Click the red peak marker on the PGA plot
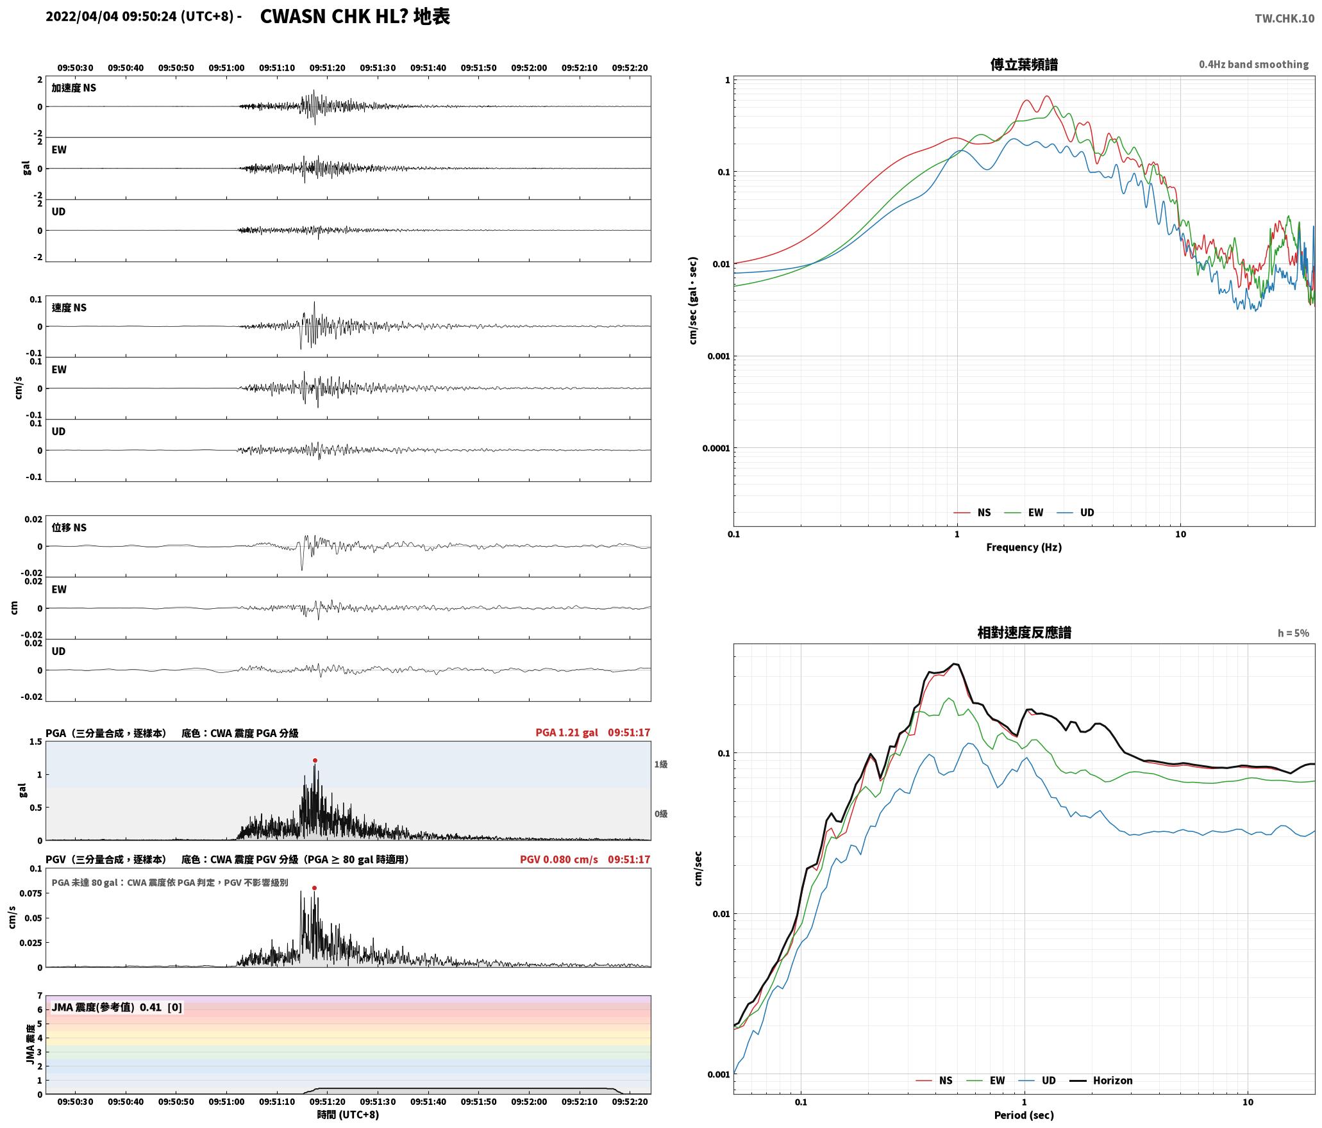[x=315, y=760]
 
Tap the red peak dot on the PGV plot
[x=314, y=888]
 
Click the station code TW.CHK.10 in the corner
[x=1284, y=19]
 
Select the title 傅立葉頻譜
[x=1024, y=65]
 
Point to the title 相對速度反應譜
[x=1024, y=633]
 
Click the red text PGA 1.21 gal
[x=567, y=733]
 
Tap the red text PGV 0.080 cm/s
[x=559, y=859]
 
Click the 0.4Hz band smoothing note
[x=1253, y=65]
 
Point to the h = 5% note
[x=1293, y=633]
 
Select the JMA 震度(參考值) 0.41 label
[x=106, y=1007]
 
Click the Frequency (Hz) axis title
[x=1024, y=547]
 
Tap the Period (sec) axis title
[x=1024, y=1115]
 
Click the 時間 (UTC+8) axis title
[x=348, y=1115]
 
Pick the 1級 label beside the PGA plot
[x=661, y=764]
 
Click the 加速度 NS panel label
[x=74, y=88]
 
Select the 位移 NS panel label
[x=69, y=527]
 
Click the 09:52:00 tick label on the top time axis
[x=529, y=68]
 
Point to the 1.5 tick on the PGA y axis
[x=36, y=742]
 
